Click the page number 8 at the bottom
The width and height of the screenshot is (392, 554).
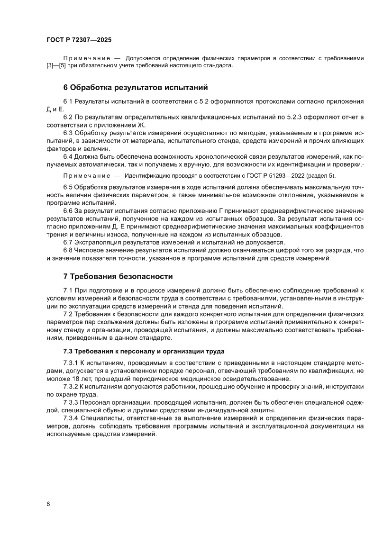(x=48, y=504)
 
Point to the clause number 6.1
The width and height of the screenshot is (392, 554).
(x=68, y=101)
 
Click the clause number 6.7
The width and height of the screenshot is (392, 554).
(x=68, y=242)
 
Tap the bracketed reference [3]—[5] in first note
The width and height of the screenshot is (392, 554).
(x=55, y=65)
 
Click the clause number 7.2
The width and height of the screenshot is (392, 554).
(x=68, y=314)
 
